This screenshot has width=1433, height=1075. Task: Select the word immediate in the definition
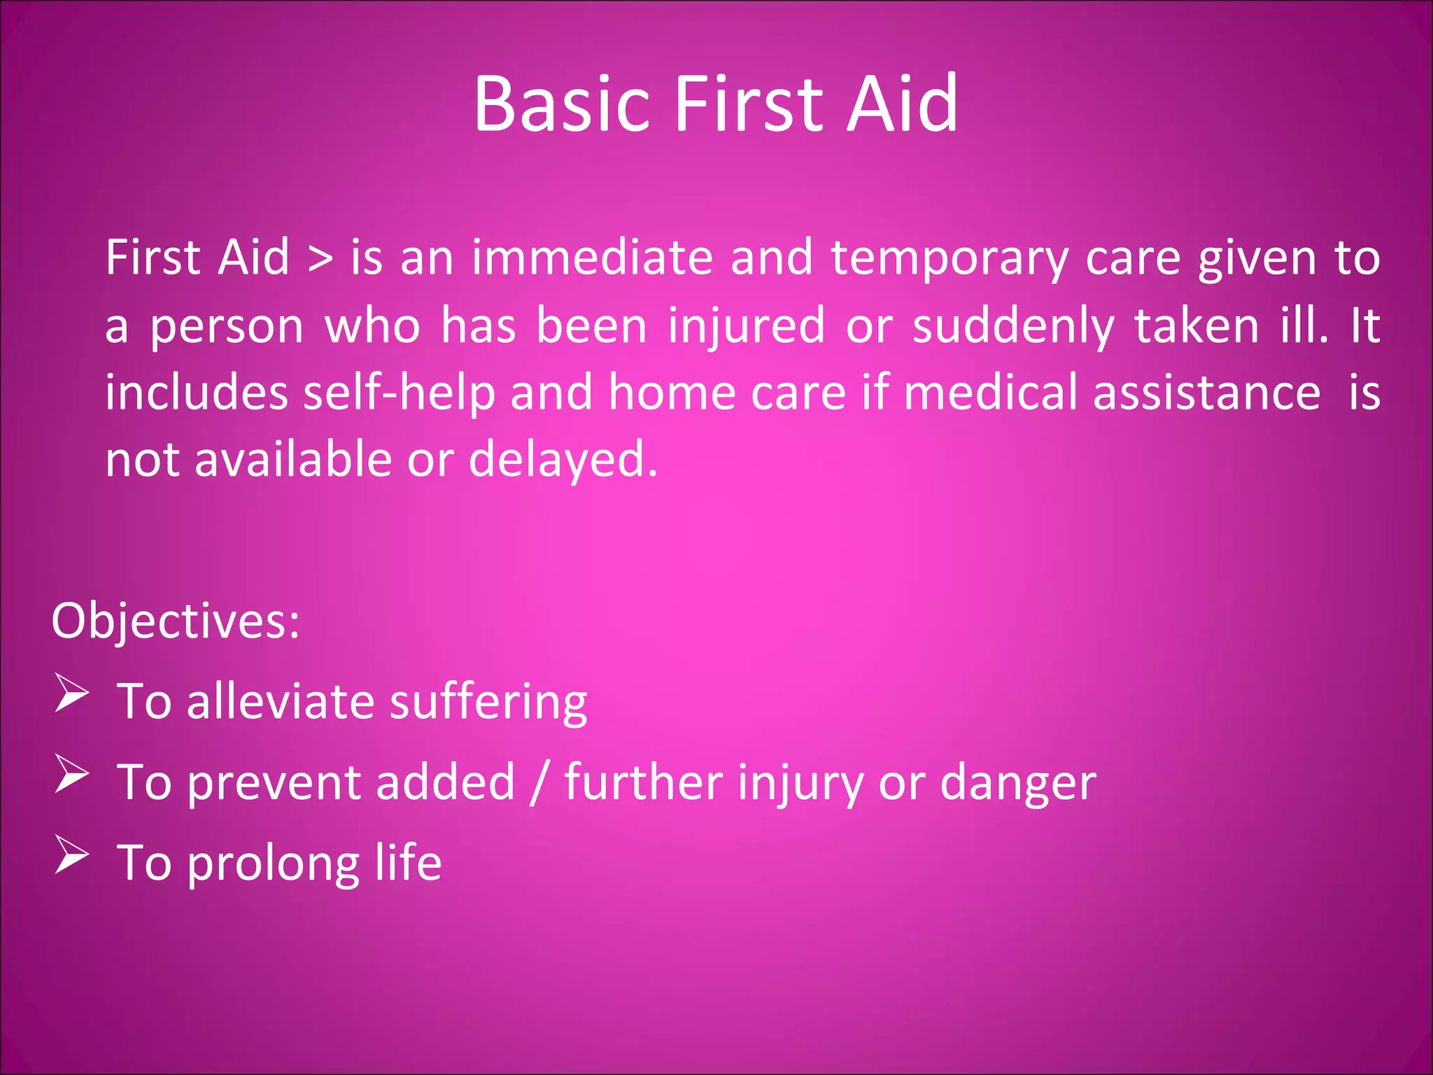(592, 258)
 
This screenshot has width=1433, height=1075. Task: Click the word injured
(746, 327)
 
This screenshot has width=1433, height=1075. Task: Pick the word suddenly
(1013, 327)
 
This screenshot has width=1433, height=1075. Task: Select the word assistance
(1207, 392)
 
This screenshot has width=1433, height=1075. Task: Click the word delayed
(563, 461)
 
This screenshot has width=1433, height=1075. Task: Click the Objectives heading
(176, 621)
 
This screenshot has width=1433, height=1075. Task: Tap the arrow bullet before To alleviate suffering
(72, 694)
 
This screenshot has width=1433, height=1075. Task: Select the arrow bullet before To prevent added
(72, 774)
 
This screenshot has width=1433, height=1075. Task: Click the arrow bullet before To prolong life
(72, 855)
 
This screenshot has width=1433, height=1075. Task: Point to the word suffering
(488, 703)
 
